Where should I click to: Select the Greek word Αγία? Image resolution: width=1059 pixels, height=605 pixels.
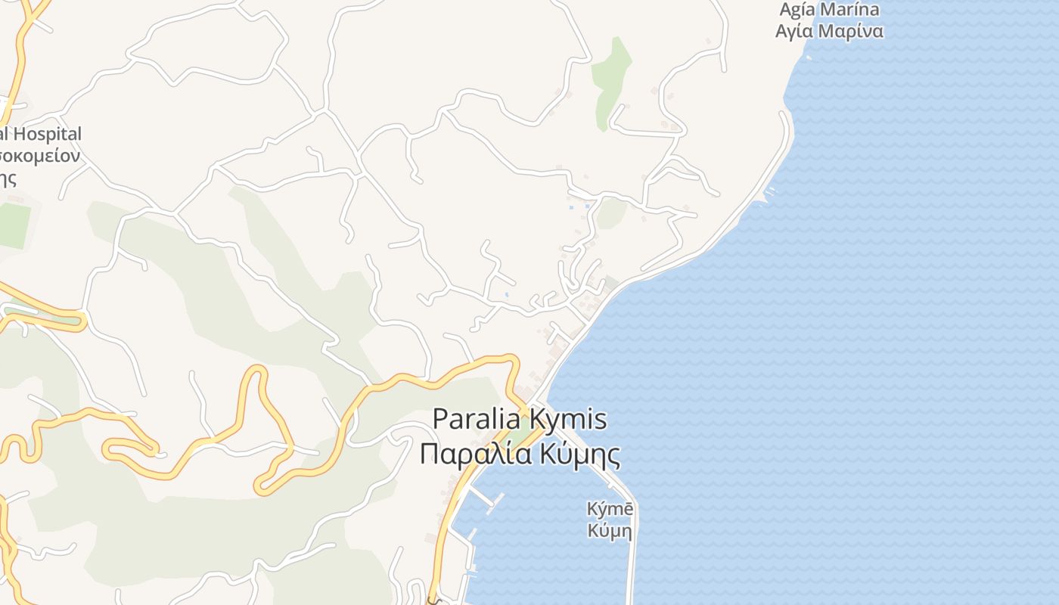pyautogui.click(x=794, y=32)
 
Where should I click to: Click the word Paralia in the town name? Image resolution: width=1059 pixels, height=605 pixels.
pyautogui.click(x=477, y=419)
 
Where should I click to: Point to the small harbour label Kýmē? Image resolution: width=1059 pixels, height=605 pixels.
pyautogui.click(x=608, y=509)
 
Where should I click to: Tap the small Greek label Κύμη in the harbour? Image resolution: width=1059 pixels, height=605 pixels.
pyautogui.click(x=609, y=531)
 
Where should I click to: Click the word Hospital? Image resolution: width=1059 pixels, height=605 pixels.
pyautogui.click(x=48, y=135)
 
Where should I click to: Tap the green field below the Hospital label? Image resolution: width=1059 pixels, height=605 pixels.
pyautogui.click(x=14, y=225)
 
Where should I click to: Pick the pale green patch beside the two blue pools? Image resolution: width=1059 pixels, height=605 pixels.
pyautogui.click(x=611, y=214)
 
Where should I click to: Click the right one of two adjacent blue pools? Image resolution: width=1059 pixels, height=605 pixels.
pyautogui.click(x=586, y=206)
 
